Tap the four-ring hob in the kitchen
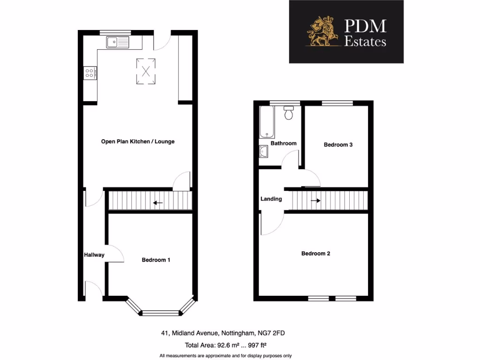point(90,73)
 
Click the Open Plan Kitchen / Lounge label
point(138,142)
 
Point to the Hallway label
point(94,255)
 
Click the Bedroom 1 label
point(156,260)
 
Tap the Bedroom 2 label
point(315,254)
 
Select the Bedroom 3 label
point(338,145)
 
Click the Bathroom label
point(284,143)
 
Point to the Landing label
point(271,199)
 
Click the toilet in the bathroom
point(289,113)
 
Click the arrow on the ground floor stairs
point(158,203)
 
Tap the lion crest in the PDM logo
point(322,32)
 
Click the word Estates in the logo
point(365,42)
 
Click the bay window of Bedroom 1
point(160,312)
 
